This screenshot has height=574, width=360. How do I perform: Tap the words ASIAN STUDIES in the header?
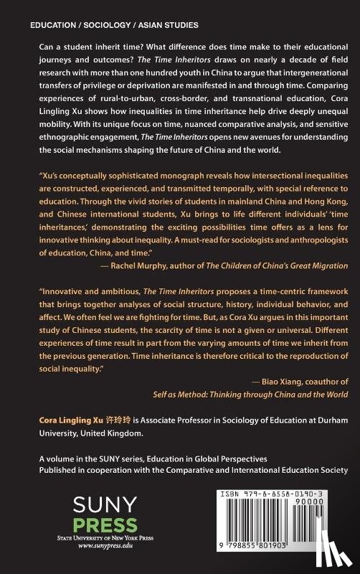point(155,24)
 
